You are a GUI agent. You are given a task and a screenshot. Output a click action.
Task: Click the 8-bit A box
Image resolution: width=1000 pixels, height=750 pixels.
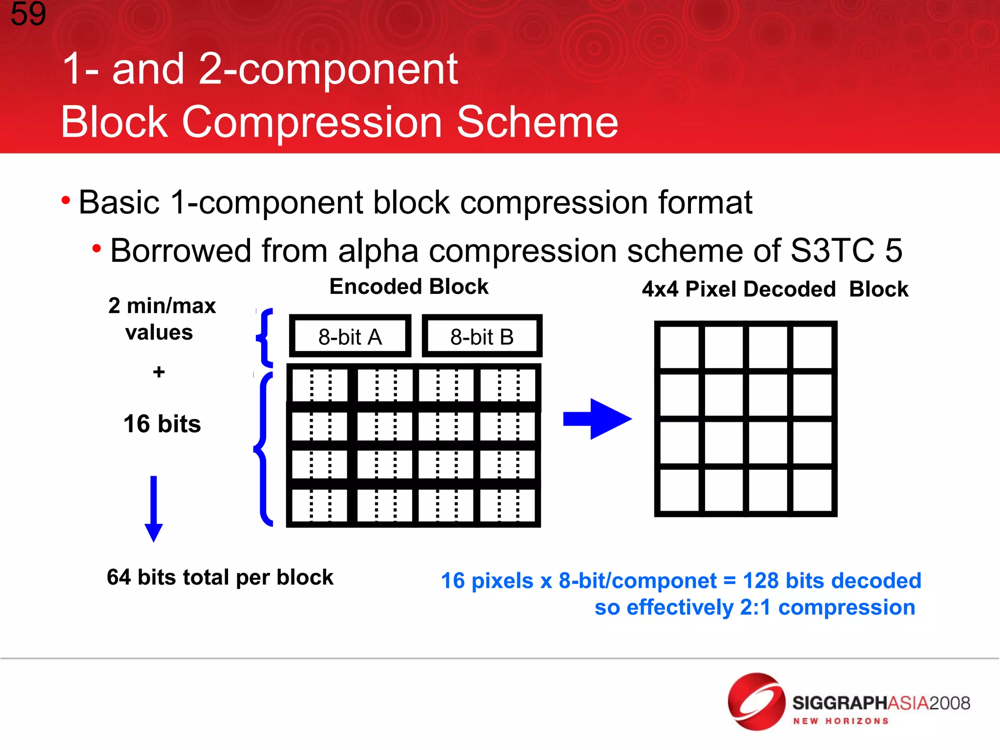click(350, 336)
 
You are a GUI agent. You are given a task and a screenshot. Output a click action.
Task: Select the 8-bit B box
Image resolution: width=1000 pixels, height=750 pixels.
click(482, 336)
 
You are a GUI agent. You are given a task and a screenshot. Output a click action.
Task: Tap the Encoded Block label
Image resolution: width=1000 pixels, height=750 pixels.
click(409, 287)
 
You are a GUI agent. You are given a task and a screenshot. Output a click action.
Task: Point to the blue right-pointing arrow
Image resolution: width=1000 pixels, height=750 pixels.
click(598, 419)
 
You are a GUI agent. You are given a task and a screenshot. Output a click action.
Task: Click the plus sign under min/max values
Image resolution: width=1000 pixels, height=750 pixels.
click(159, 372)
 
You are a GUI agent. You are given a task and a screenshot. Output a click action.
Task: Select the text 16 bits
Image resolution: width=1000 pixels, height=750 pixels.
click(162, 424)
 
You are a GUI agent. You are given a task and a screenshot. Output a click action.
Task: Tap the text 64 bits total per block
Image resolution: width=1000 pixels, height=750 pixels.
click(220, 577)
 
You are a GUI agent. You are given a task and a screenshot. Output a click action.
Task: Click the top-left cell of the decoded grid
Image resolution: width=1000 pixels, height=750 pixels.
click(679, 347)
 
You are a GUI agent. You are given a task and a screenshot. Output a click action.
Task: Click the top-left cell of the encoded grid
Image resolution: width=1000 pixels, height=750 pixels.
click(320, 384)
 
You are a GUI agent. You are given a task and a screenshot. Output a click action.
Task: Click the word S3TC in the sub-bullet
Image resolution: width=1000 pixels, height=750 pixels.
click(832, 250)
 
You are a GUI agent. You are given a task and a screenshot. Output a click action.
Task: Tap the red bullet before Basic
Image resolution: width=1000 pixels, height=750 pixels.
click(66, 200)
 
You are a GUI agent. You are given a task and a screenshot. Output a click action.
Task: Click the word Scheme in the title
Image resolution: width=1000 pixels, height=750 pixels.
click(537, 122)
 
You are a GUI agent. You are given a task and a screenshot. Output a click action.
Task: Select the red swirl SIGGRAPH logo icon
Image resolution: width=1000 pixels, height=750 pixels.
click(756, 702)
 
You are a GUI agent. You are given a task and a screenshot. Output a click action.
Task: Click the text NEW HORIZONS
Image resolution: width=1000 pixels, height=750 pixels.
click(840, 721)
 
